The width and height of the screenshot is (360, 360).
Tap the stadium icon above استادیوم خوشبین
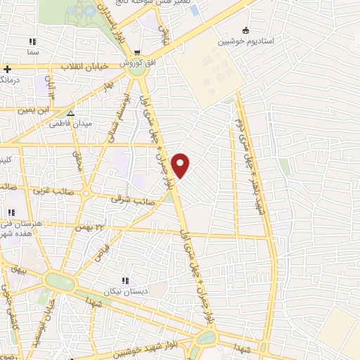(245, 30)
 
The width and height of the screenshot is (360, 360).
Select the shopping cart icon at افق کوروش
(138, 52)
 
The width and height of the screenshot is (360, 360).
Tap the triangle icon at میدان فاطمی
(70, 112)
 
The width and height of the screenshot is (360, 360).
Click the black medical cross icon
(7, 69)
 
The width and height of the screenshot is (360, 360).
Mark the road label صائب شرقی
(127, 200)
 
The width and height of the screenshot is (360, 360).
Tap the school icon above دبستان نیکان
(127, 281)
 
